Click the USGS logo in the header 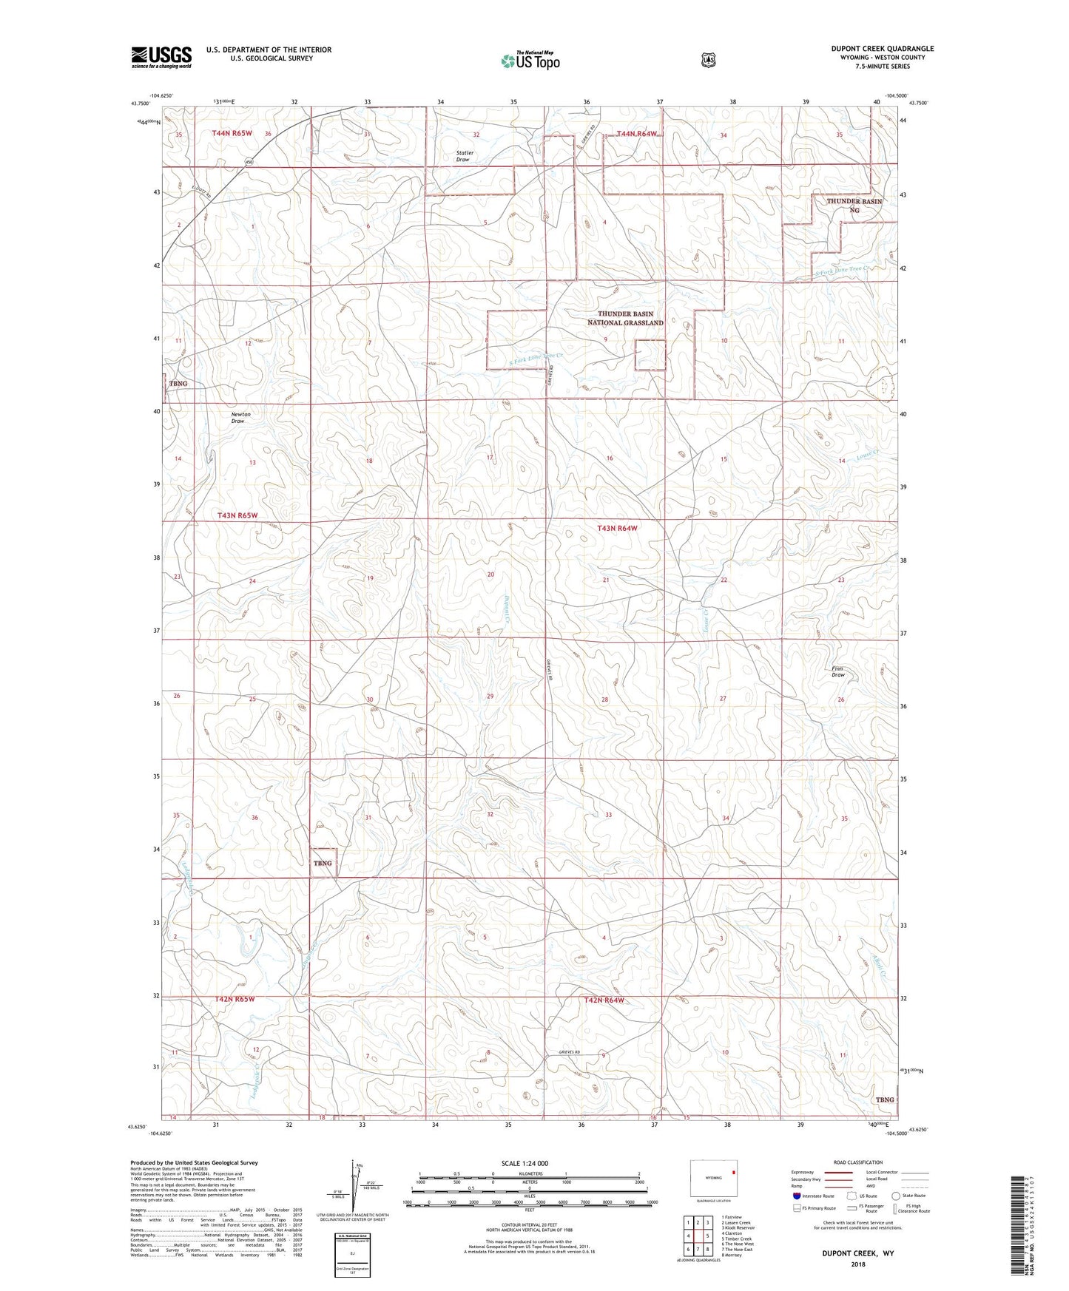pyautogui.click(x=161, y=57)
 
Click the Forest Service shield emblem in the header pyautogui.click(x=709, y=60)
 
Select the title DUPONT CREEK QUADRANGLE pyautogui.click(x=882, y=49)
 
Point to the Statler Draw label pyautogui.click(x=464, y=156)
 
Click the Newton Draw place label pyautogui.click(x=240, y=418)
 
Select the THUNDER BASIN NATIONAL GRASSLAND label pyautogui.click(x=625, y=318)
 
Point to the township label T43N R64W pyautogui.click(x=617, y=528)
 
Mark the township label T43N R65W pyautogui.click(x=237, y=515)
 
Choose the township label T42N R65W pyautogui.click(x=235, y=999)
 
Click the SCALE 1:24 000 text pyautogui.click(x=525, y=1163)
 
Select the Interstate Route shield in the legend pyautogui.click(x=796, y=1195)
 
